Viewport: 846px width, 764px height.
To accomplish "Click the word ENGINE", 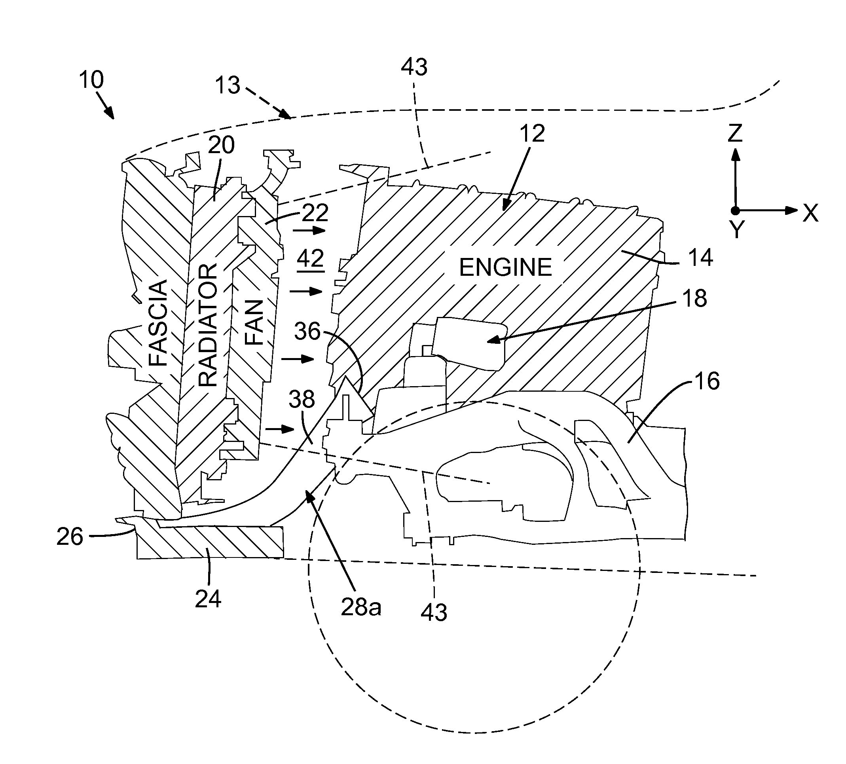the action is pyautogui.click(x=505, y=268).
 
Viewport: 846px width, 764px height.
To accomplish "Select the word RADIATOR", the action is pyautogui.click(x=208, y=325).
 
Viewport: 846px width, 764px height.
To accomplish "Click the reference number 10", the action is pyautogui.click(x=91, y=80).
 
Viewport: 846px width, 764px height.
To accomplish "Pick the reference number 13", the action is pyautogui.click(x=228, y=85).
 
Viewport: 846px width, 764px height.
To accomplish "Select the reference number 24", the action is pyautogui.click(x=208, y=599).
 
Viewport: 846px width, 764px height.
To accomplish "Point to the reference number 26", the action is pyautogui.click(x=70, y=537).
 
